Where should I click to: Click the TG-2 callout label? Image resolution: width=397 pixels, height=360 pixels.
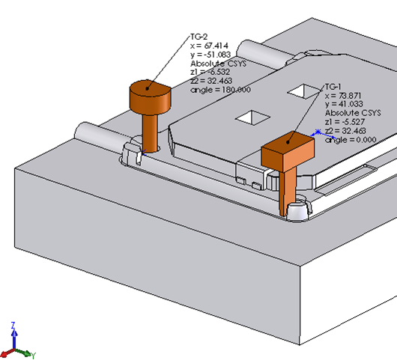tap(199, 37)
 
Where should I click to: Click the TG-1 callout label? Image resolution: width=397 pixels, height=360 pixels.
tap(333, 87)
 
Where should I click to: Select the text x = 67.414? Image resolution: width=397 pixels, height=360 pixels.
tap(210, 46)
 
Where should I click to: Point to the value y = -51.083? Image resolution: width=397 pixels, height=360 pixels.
tap(210, 55)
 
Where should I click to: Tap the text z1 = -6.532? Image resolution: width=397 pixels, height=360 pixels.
tap(210, 72)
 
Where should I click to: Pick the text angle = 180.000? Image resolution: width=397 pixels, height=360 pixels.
tap(220, 90)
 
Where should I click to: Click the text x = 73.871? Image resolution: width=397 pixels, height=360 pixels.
tap(343, 96)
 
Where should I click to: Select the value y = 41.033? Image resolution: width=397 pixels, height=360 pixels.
tap(344, 104)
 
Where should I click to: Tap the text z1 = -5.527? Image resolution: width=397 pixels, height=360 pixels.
tap(345, 122)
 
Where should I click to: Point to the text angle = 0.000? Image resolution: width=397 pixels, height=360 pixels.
tap(351, 140)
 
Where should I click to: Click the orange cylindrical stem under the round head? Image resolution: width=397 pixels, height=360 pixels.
tap(150, 133)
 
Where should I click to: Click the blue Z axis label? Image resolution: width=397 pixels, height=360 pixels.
tap(13, 325)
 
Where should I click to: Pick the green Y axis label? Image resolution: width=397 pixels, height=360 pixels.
tap(34, 356)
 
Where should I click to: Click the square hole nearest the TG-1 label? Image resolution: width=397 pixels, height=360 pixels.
tap(304, 91)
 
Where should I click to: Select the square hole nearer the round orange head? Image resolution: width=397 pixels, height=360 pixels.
tap(252, 118)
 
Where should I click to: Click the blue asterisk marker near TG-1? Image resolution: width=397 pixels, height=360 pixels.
tap(318, 132)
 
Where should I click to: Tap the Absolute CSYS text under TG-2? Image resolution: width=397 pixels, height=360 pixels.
tap(218, 64)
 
